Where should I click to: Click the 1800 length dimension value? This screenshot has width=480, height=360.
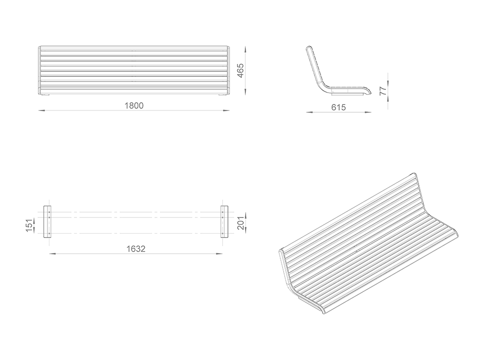pyautogui.click(x=134, y=106)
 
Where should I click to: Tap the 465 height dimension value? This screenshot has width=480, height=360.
pyautogui.click(x=240, y=71)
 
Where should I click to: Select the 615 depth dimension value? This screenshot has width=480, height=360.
pyautogui.click(x=338, y=108)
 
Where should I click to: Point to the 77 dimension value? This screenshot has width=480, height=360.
pyautogui.click(x=383, y=91)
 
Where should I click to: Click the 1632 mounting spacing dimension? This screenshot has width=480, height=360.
pyautogui.click(x=136, y=249)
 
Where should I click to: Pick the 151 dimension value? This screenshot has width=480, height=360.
pyautogui.click(x=29, y=225)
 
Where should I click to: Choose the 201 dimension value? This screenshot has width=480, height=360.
pyautogui.click(x=240, y=223)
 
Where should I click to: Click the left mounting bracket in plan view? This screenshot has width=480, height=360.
pyautogui.click(x=47, y=222)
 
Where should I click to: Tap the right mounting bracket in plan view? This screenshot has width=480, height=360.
pyautogui.click(x=224, y=222)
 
